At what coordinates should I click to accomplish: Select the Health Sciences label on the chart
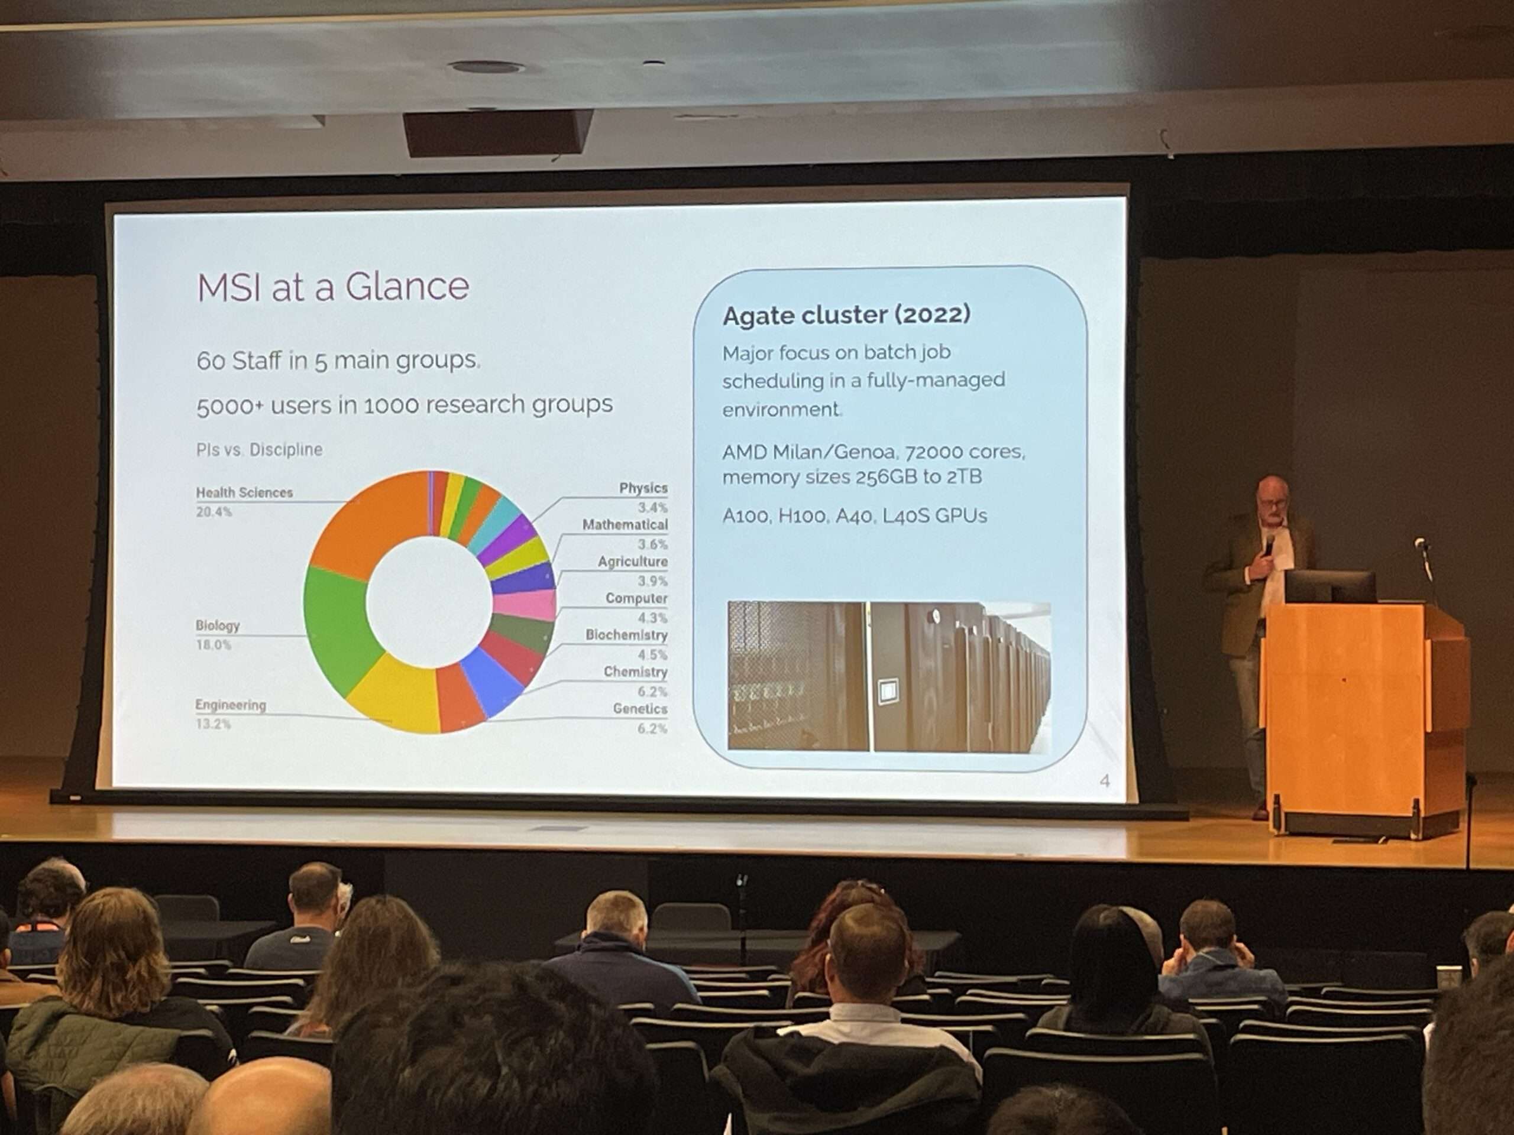tap(244, 492)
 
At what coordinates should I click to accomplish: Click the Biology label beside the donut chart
tap(218, 625)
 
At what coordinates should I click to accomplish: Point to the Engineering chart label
tap(231, 705)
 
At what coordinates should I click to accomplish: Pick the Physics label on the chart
tap(643, 488)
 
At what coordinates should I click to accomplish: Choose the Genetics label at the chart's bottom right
tap(640, 709)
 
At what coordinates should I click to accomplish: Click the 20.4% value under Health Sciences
tap(214, 512)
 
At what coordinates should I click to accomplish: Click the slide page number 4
tap(1104, 781)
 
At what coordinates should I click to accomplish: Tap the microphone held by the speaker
tap(1270, 544)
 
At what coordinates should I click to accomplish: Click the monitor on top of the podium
tap(1330, 587)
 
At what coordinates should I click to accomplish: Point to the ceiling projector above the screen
tap(497, 132)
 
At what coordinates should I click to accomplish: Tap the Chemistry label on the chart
tap(635, 672)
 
